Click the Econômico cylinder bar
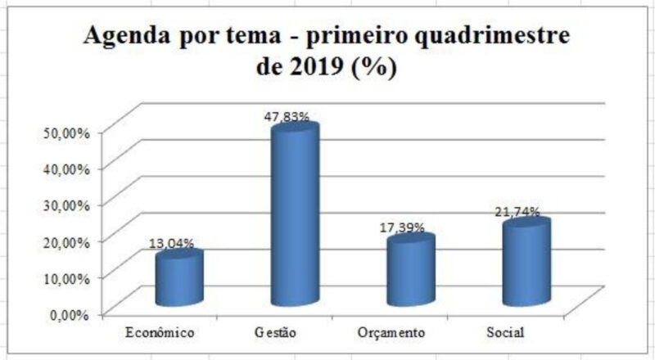pos(178,280)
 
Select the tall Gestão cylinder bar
pos(295,216)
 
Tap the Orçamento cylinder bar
pos(410,272)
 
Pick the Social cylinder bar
pos(526,263)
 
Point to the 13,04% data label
pos(171,242)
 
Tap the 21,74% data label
pos(517,212)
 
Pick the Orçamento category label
pos(391,333)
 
